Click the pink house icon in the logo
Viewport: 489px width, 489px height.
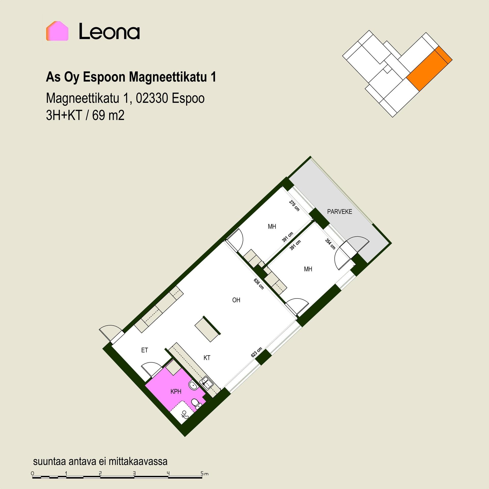point(57,31)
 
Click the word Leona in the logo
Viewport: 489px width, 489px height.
point(109,31)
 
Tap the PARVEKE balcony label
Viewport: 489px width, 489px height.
point(339,212)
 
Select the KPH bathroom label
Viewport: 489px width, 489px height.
point(176,391)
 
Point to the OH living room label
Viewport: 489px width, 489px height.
point(236,300)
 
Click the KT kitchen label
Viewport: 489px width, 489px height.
point(207,358)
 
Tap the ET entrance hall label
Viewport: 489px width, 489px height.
point(144,350)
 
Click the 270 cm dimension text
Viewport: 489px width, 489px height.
point(294,206)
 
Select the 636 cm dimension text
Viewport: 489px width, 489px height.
point(259,284)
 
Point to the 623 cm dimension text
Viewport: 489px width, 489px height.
point(256,352)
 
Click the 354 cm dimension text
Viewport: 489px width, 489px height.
point(330,244)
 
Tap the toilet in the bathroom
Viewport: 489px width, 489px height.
point(196,404)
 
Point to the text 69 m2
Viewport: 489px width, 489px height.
point(108,116)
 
